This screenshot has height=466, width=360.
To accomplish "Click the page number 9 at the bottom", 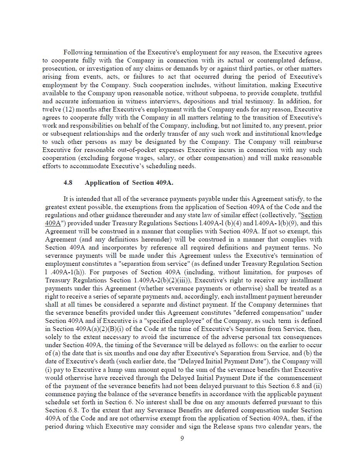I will pos(182,439).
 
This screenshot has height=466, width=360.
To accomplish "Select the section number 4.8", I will pos(68,183).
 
